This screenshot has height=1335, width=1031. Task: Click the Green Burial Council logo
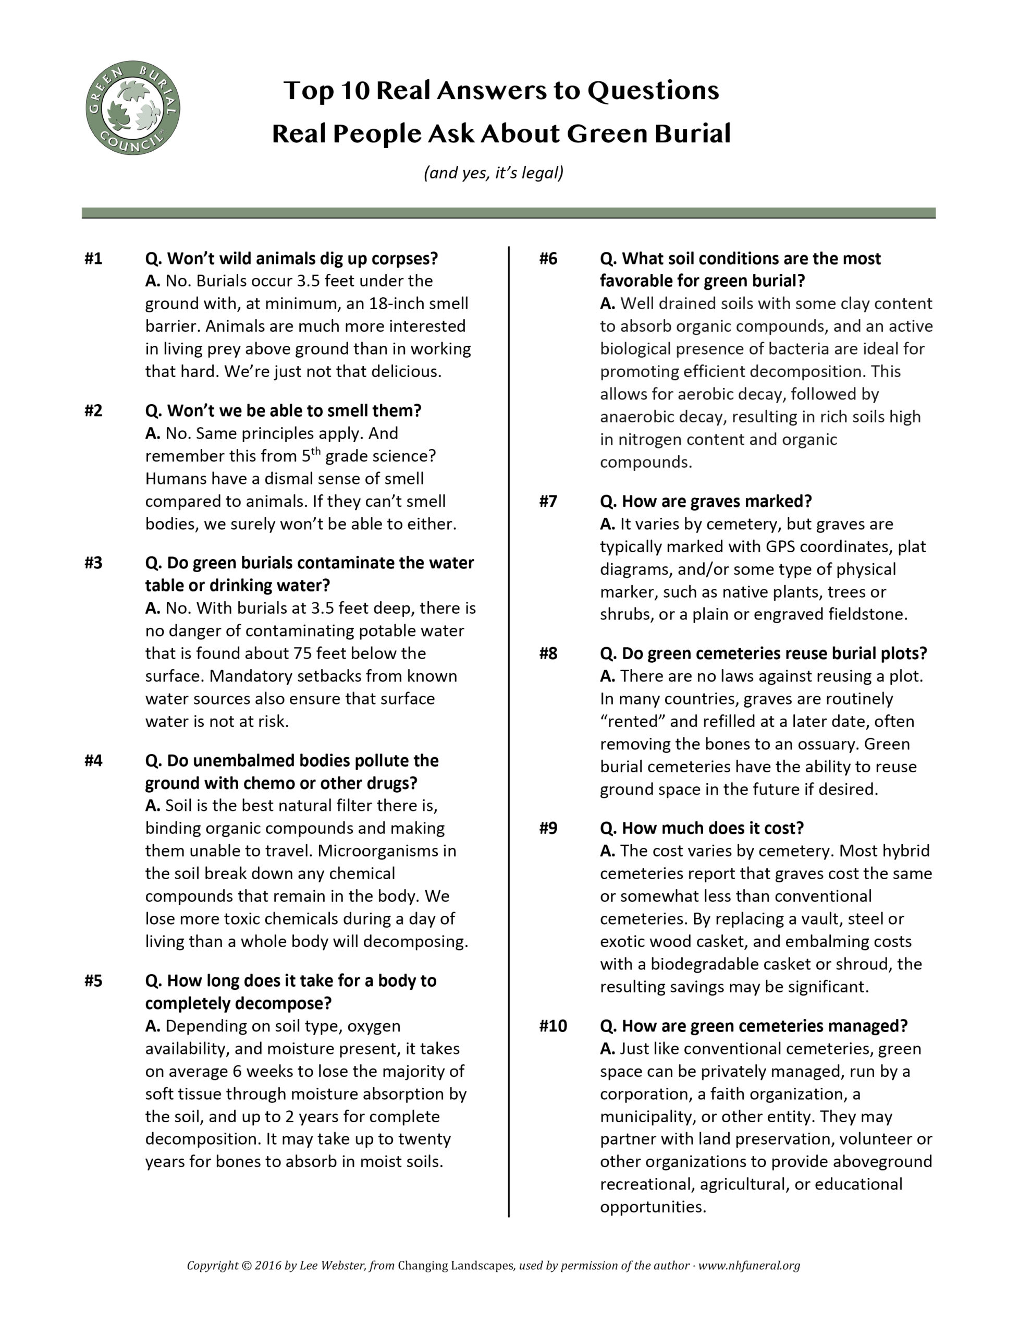pyautogui.click(x=132, y=107)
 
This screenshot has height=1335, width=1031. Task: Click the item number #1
pyautogui.click(x=93, y=259)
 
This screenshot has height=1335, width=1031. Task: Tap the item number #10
pyautogui.click(x=553, y=1026)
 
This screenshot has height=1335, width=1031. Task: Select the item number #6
pyautogui.click(x=548, y=259)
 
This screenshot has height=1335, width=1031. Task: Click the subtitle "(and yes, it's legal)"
pyautogui.click(x=493, y=173)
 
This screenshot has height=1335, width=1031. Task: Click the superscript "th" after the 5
pyautogui.click(x=315, y=452)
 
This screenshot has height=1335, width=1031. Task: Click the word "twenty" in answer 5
pyautogui.click(x=424, y=1139)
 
